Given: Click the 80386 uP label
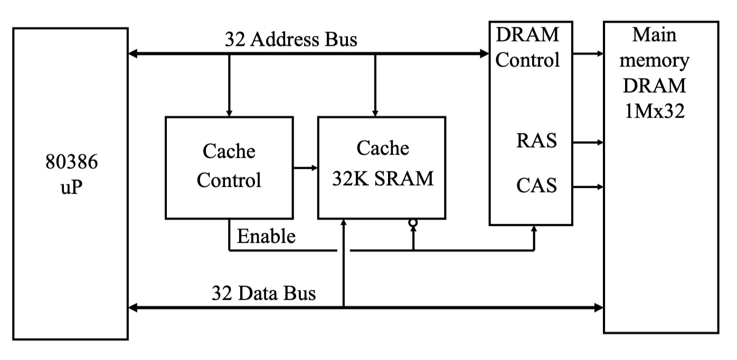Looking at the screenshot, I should pyautogui.click(x=71, y=174).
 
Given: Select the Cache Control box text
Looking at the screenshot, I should pyautogui.click(x=229, y=166).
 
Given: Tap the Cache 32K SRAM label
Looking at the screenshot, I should pyautogui.click(x=382, y=164).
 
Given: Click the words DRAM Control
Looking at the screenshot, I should pyautogui.click(x=527, y=48).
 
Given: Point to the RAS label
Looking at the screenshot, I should pyautogui.click(x=536, y=141).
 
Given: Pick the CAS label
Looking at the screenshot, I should pyautogui.click(x=536, y=186).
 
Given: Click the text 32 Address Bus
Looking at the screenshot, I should pyautogui.click(x=291, y=40).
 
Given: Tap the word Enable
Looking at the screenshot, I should pyautogui.click(x=266, y=236).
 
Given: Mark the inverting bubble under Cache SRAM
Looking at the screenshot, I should pyautogui.click(x=413, y=224).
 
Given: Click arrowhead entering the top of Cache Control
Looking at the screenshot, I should pyautogui.click(x=229, y=112).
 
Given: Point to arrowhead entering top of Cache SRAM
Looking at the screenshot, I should pyautogui.click(x=375, y=112).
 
